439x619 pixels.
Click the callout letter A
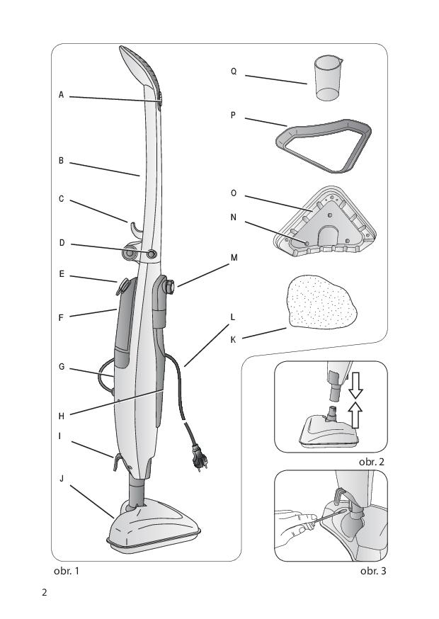point(61,95)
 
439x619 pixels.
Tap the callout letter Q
point(234,72)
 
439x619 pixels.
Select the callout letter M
point(234,258)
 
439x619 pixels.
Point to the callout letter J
point(62,479)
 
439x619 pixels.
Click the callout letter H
point(61,416)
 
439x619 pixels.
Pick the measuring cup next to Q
point(329,78)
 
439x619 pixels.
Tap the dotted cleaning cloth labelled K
point(322,301)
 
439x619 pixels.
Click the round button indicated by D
point(152,254)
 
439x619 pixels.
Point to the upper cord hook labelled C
point(135,229)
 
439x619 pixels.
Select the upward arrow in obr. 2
point(356,414)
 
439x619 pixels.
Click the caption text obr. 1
point(67,571)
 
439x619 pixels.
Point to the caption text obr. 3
point(373,571)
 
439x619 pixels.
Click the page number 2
point(44,593)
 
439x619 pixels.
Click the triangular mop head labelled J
point(154,526)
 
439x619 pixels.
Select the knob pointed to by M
point(170,287)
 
